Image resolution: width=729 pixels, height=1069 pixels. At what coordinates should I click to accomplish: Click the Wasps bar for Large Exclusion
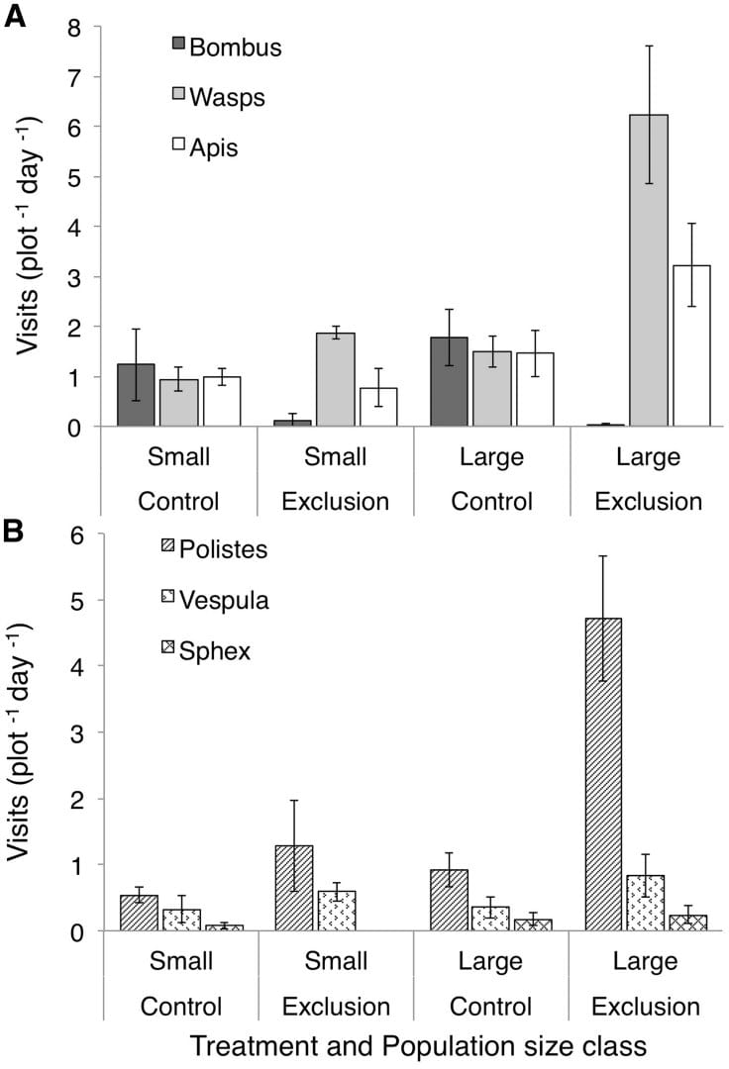[649, 270]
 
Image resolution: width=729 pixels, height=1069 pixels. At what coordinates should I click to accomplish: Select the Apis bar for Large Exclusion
[691, 345]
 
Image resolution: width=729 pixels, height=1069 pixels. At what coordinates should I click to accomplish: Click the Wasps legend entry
[222, 96]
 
